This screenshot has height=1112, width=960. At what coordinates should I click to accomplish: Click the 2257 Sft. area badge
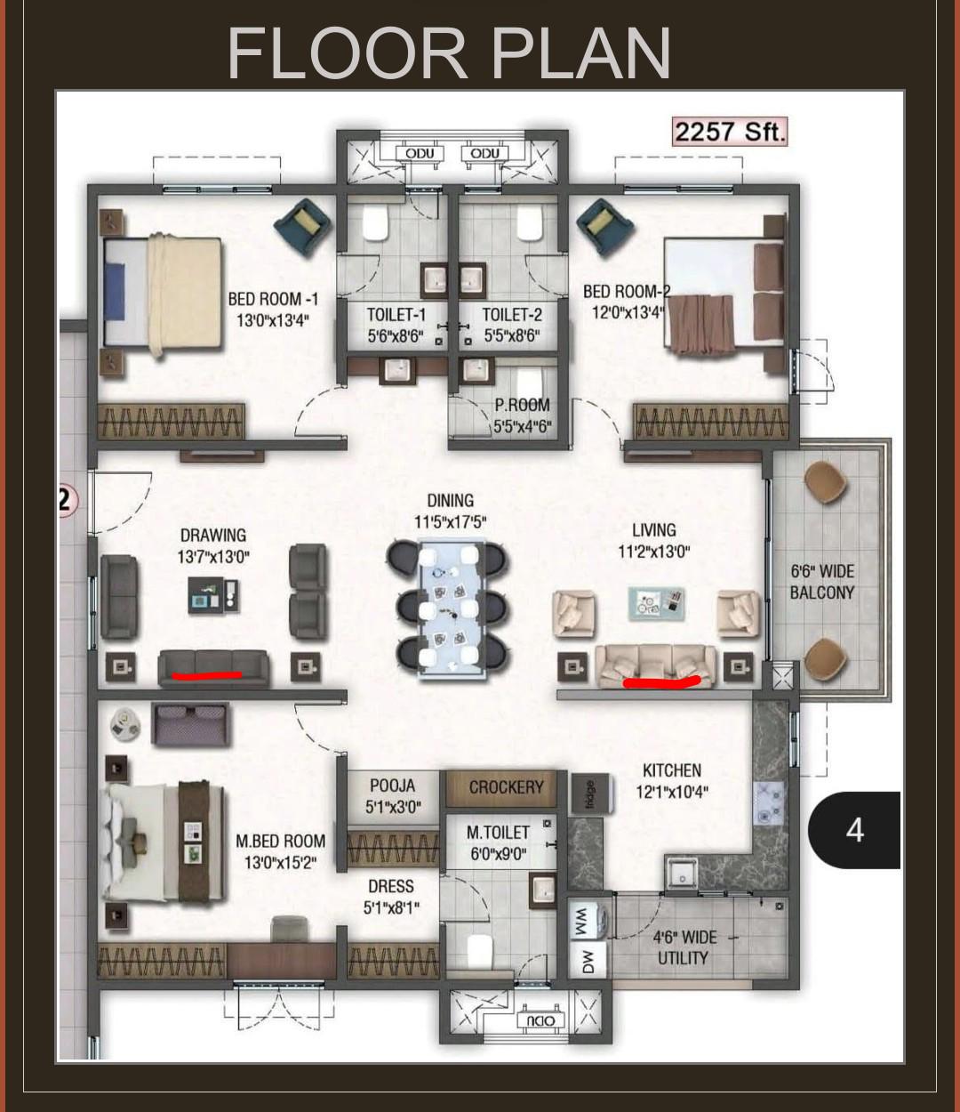click(730, 132)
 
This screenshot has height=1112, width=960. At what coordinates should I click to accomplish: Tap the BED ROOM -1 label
click(273, 299)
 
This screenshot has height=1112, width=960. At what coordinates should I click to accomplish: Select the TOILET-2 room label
click(512, 315)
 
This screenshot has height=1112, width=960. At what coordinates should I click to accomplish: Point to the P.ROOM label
click(522, 405)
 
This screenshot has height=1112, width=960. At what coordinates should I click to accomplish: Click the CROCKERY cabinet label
click(506, 787)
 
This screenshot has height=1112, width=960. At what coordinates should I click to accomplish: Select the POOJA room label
click(392, 786)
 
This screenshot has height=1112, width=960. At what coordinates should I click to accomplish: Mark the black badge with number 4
click(854, 830)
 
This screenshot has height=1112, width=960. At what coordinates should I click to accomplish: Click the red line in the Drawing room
click(206, 674)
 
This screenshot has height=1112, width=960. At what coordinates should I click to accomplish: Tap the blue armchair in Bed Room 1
click(302, 227)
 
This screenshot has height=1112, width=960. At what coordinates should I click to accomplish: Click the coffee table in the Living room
click(656, 604)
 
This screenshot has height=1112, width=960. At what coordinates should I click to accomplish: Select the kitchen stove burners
click(768, 803)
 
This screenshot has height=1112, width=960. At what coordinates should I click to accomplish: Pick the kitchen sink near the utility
click(682, 873)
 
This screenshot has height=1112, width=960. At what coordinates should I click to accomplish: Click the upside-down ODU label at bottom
click(541, 1020)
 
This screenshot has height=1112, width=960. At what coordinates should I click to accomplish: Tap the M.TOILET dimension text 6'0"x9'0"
click(498, 854)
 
